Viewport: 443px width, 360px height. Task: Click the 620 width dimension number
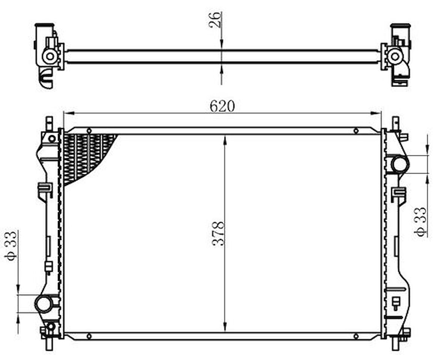[222, 106]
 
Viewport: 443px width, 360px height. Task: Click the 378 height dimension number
[218, 233]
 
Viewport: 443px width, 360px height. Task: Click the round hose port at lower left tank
[44, 304]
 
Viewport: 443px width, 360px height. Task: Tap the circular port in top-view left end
[50, 56]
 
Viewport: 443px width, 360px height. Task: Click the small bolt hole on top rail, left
[89, 131]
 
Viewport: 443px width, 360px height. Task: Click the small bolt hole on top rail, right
[356, 131]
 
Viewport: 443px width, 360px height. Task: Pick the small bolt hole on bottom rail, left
[89, 336]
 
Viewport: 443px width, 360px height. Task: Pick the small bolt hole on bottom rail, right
[356, 336]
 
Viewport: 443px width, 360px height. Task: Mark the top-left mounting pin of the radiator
[49, 123]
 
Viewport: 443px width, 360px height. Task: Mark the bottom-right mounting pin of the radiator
[395, 344]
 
